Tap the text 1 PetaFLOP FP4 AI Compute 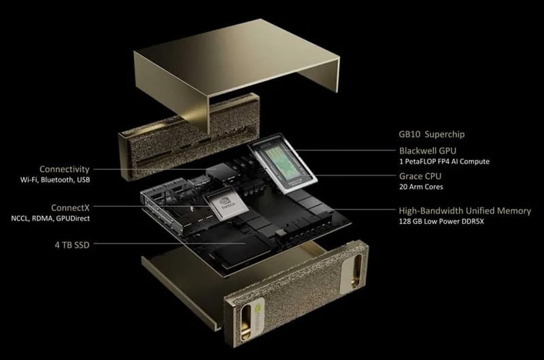(x=443, y=162)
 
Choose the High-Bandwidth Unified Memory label (x=464, y=211)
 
